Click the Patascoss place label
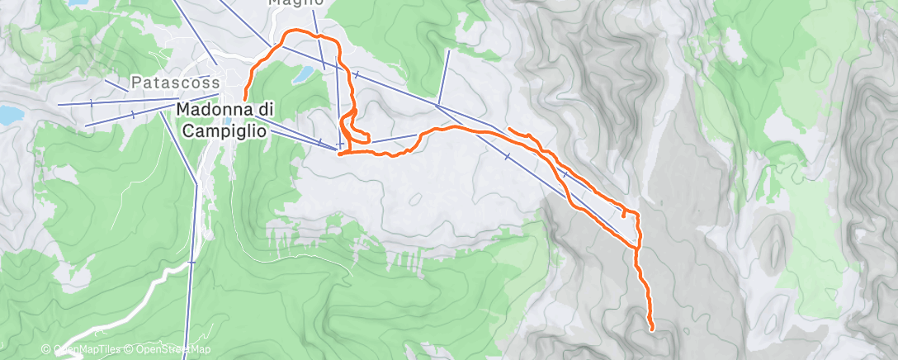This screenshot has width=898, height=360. [176, 83]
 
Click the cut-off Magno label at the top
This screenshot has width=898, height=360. [294, 3]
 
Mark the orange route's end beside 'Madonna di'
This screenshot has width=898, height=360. [246, 100]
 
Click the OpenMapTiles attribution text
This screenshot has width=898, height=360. [86, 350]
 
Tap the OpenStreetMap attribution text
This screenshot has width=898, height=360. [168, 350]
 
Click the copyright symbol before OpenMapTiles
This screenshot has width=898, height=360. [46, 350]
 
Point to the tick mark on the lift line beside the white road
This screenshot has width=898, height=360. [191, 263]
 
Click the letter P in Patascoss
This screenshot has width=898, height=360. [136, 83]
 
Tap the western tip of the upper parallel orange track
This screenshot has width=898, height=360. [508, 129]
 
